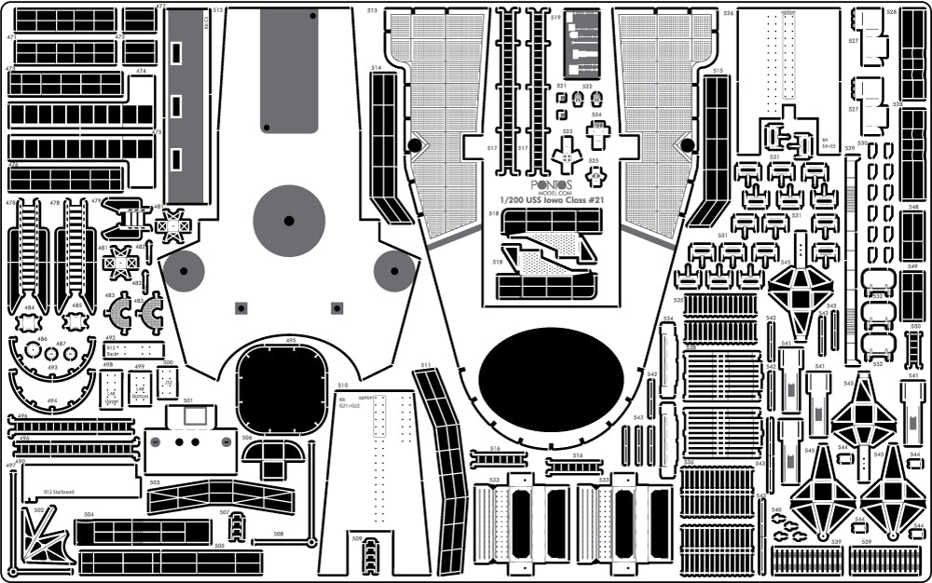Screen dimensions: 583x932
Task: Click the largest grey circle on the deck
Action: [289, 221]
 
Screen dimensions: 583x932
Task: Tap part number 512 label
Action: [217, 10]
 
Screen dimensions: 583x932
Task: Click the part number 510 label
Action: [343, 386]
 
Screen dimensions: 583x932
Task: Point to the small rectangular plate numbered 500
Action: [168, 382]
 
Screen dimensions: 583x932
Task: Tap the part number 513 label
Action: [372, 11]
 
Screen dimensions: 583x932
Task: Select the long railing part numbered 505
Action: [171, 563]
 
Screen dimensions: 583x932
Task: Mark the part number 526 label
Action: [728, 14]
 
